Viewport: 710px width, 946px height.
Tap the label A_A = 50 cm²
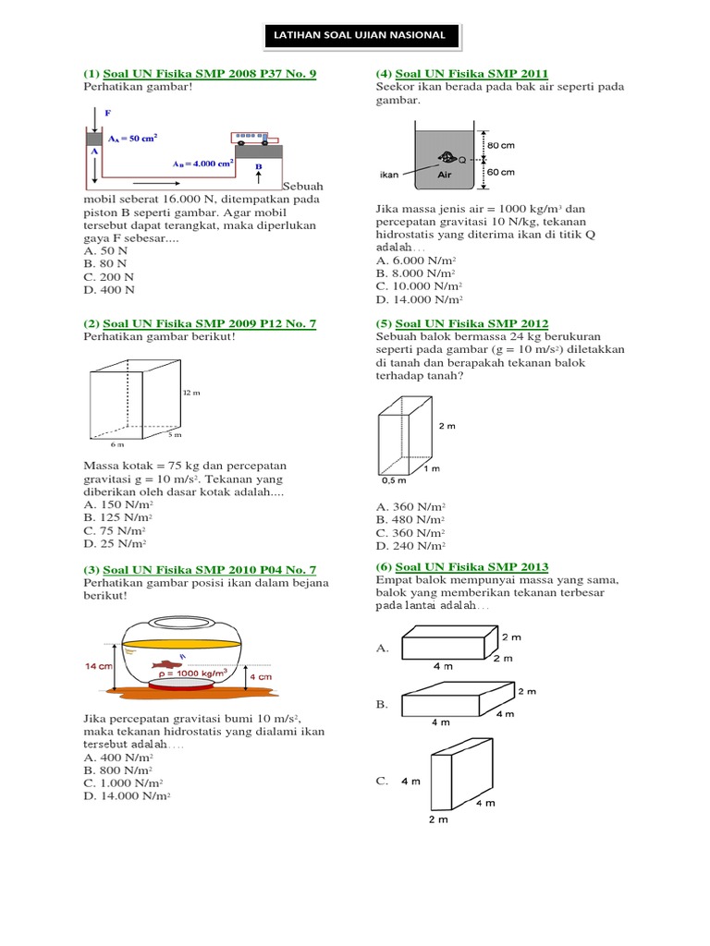132,138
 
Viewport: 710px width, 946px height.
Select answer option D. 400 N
109,289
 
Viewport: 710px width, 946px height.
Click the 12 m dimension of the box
191,393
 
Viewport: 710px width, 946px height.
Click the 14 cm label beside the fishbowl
98,665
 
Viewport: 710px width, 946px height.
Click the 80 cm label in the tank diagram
500,145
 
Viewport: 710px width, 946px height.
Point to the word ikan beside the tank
389,174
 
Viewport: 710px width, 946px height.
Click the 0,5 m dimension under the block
394,480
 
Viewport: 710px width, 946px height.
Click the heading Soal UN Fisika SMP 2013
471,566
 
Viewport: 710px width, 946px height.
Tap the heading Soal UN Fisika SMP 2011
471,74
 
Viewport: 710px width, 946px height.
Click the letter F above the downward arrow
107,113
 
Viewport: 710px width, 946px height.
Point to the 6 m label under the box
116,444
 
